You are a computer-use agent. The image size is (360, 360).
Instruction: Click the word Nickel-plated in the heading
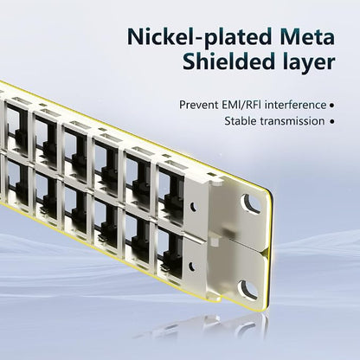coord(198,37)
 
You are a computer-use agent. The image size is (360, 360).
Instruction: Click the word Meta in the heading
coord(306,36)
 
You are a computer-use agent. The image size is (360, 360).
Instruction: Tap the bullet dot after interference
coord(331,106)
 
